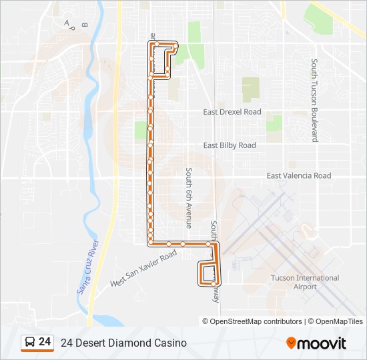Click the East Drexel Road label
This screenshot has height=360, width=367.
coord(232,112)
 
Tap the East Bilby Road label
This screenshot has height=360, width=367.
coord(230,145)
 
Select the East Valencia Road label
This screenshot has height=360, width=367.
coord(298,176)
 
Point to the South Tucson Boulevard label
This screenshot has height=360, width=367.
coord(314,100)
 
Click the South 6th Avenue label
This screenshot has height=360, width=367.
coord(189,198)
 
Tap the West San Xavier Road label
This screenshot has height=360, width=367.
coord(143,269)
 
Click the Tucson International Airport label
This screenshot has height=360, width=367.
coord(305,282)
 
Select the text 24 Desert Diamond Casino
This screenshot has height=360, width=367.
coord(123,343)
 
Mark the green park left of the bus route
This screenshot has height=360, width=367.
coord(141,129)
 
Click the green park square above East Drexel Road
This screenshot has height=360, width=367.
coord(250,89)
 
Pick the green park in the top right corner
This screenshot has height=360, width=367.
coord(319,18)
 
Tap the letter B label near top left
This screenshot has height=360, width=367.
coord(84,24)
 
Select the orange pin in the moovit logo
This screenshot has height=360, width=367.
coord(291,343)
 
